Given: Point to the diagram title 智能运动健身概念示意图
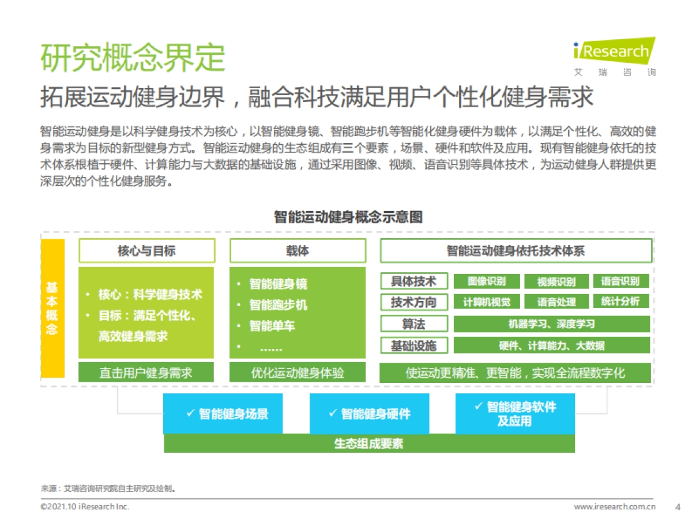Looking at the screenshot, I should [348, 217].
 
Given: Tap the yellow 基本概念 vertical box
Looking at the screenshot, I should [52, 309].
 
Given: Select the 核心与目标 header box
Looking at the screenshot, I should [146, 251].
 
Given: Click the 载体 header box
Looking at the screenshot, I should [298, 251].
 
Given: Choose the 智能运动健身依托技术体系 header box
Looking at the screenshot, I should [516, 251].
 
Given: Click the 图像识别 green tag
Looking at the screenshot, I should [487, 281].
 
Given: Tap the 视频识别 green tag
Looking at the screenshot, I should [556, 282].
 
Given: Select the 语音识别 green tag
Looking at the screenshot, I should [620, 281].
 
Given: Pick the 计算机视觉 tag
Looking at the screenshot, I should [487, 302].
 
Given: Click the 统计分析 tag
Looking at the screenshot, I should [620, 301].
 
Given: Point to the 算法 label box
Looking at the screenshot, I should [414, 324].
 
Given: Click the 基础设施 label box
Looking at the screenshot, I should [414, 345].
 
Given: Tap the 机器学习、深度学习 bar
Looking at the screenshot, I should [551, 324].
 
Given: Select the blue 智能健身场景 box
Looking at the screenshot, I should [223, 413].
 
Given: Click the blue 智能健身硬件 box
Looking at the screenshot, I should [369, 413].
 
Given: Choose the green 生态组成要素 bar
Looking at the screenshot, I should [369, 443].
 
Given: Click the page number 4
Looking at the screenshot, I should [678, 507].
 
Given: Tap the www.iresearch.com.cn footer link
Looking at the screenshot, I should [615, 507].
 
